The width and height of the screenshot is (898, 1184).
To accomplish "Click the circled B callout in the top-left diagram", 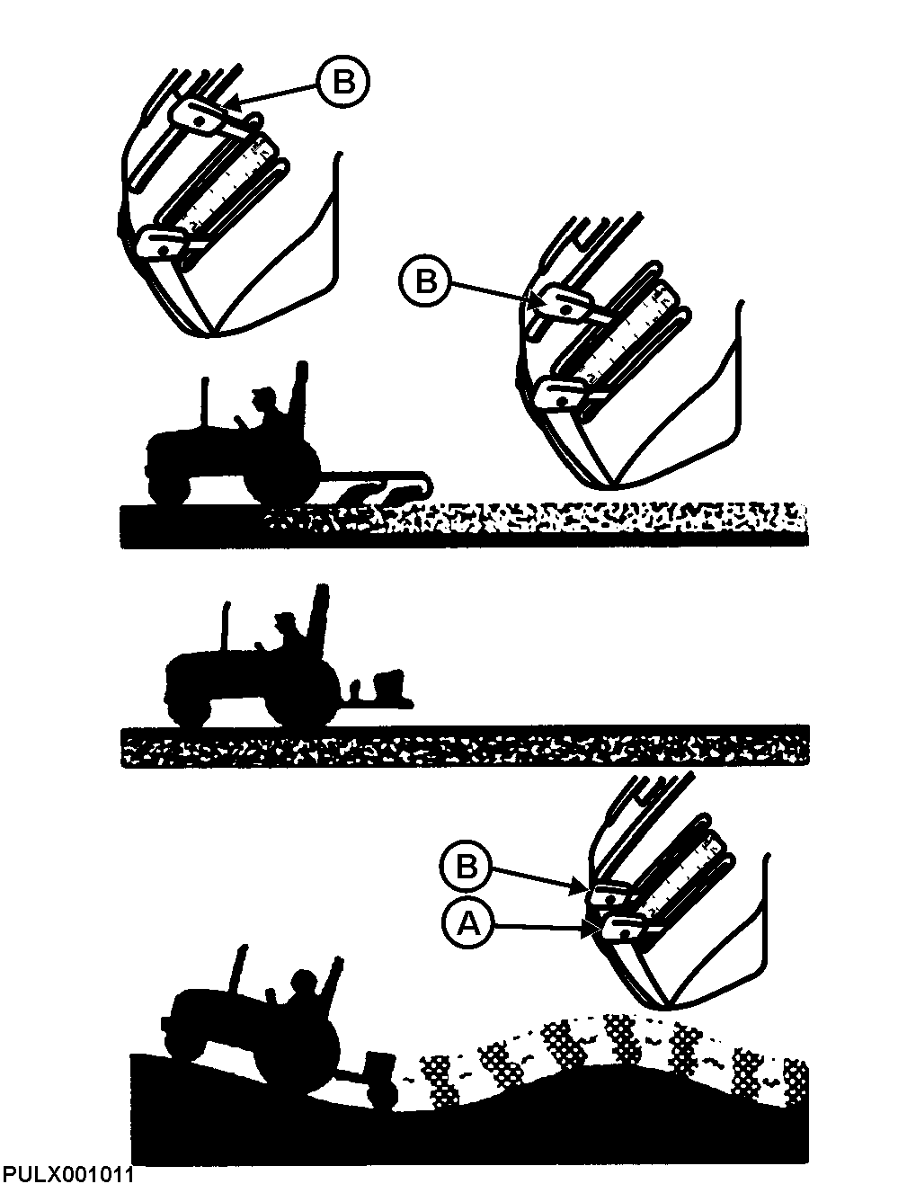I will [342, 82].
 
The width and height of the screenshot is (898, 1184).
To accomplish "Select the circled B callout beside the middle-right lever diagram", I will [427, 281].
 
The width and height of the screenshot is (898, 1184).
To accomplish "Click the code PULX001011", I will [68, 1173].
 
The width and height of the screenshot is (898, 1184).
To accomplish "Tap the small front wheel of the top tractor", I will [168, 485].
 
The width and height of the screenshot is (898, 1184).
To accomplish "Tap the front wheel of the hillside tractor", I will [186, 1043].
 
